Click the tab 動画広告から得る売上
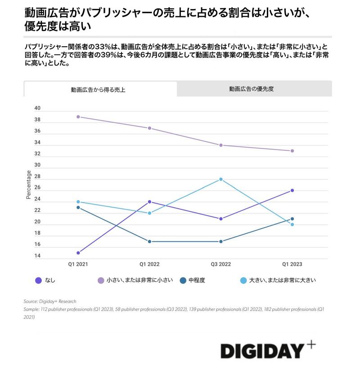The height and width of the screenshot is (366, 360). click(x=98, y=89)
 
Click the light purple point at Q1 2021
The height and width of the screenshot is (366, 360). click(x=78, y=117)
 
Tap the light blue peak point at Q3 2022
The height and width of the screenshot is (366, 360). click(x=221, y=179)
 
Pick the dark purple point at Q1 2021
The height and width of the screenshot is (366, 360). click(x=78, y=253)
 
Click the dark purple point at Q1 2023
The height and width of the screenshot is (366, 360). click(x=292, y=191)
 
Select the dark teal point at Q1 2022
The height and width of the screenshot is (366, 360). click(x=149, y=241)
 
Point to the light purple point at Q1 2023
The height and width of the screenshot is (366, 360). click(x=292, y=151)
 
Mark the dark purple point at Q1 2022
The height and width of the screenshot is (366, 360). click(x=149, y=202)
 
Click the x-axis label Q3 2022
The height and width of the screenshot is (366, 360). click(x=220, y=264)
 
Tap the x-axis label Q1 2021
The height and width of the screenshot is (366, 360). click(x=78, y=264)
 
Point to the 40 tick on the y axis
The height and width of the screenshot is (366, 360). click(x=37, y=108)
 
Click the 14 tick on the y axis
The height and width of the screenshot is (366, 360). click(x=37, y=256)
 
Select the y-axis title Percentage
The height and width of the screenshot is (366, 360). click(x=29, y=185)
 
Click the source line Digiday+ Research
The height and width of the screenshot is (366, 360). click(x=50, y=302)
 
